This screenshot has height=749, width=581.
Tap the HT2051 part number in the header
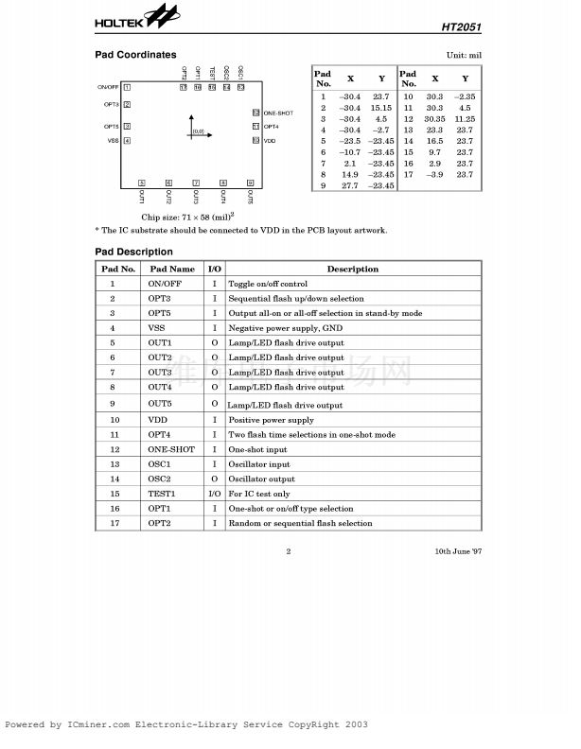pos(461,27)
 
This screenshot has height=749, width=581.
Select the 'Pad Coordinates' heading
pos(135,55)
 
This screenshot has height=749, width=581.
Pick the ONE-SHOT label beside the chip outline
pos(278,113)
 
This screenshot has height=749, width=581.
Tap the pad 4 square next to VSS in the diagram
pos(127,141)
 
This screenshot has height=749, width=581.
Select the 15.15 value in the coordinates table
pos(381,109)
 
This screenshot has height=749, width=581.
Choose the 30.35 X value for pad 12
pos(434,120)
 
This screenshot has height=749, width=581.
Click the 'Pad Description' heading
pos(134,252)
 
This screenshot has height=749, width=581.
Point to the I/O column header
pos(214,270)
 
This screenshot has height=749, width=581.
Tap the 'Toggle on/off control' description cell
pos(268,284)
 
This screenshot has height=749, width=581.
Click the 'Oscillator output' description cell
pos(261,479)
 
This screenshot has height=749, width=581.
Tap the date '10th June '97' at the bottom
pos(458,550)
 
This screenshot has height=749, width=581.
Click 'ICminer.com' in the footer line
pos(99,724)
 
